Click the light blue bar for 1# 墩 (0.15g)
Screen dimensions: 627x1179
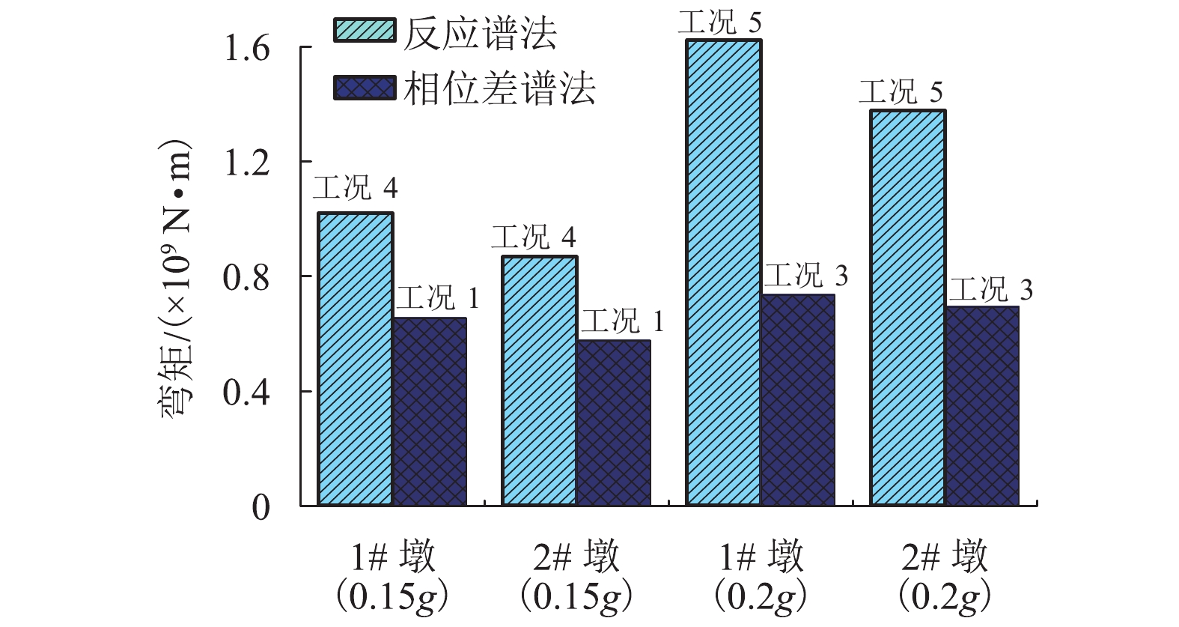point(356,360)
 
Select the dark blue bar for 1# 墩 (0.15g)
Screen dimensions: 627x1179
point(430,412)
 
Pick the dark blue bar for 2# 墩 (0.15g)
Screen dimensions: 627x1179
point(614,423)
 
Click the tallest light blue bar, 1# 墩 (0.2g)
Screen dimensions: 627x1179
point(723,273)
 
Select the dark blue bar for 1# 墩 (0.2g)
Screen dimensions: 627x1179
point(798,400)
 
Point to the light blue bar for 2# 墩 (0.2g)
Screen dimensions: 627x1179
point(907,308)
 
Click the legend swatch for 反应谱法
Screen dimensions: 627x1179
point(365,31)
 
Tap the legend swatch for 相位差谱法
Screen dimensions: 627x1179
point(365,88)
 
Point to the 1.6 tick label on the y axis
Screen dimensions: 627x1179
point(247,49)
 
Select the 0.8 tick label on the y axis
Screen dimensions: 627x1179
point(247,278)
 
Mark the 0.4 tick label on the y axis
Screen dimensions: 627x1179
point(247,393)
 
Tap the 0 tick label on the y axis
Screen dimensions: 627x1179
point(261,508)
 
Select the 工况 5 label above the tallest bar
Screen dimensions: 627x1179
point(719,22)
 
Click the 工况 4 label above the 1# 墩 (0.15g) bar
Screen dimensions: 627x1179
point(355,187)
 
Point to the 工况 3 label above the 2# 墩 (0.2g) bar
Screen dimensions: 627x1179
point(991,289)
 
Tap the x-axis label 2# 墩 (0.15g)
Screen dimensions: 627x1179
point(576,577)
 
